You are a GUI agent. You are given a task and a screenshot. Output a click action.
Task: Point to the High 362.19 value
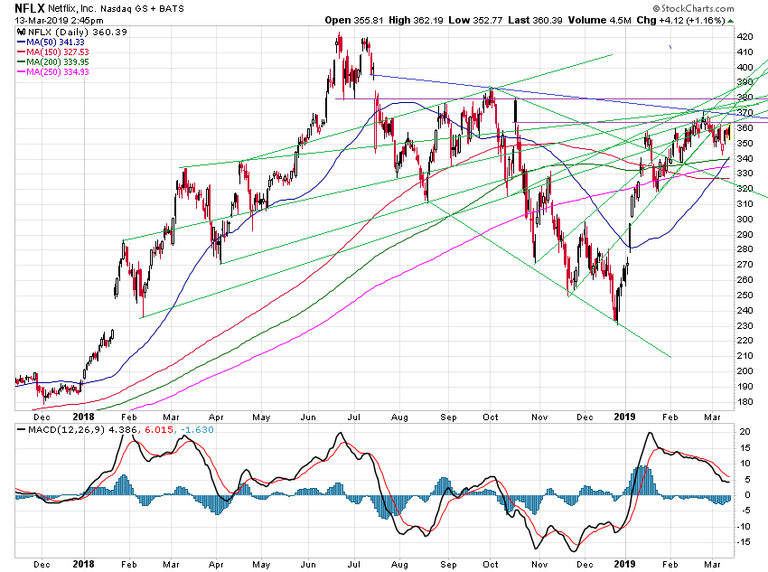[x=420, y=18]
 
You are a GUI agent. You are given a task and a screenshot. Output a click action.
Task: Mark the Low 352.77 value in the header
[x=485, y=18]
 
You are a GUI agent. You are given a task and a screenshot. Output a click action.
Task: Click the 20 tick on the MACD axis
[x=744, y=431]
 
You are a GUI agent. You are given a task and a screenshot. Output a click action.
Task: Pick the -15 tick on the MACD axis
[x=744, y=541]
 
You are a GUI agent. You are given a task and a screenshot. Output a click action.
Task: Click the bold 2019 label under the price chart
[x=626, y=417]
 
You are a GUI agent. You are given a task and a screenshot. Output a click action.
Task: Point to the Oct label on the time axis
[x=491, y=417]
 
